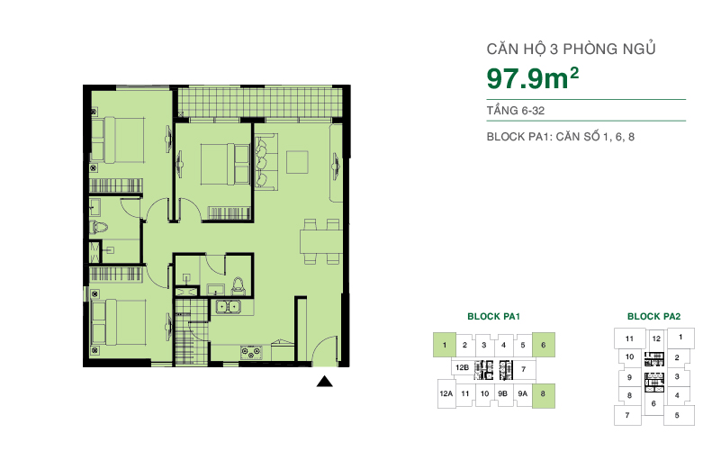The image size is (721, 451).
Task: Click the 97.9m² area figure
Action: (532, 79)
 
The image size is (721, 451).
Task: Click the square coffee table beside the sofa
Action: (298, 161)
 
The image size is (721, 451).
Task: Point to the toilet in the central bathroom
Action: (238, 285)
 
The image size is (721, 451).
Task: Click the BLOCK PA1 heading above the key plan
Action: (494, 317)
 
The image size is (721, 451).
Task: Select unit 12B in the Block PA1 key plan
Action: (462, 368)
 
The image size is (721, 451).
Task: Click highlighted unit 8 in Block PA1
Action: (544, 393)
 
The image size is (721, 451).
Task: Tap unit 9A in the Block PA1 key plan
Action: (523, 393)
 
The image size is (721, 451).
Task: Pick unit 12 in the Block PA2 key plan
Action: (656, 339)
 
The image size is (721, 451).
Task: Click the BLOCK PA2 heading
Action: (653, 317)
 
